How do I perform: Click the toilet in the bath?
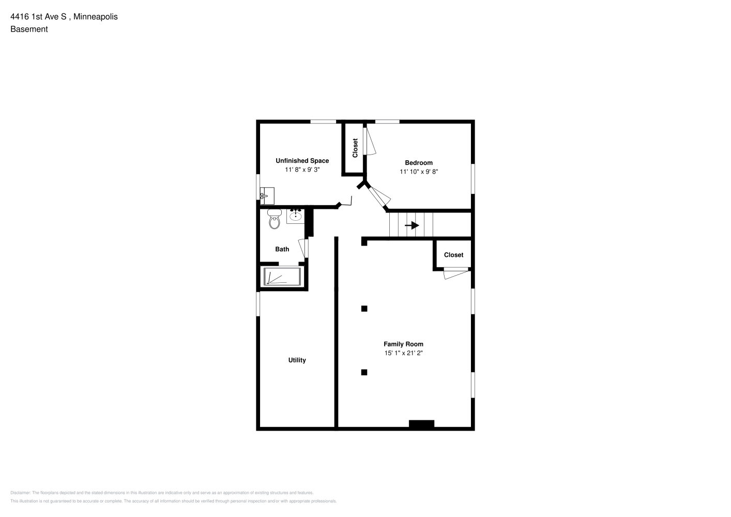click(275, 219)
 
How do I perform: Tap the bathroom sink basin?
click(296, 216)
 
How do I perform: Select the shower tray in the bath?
click(282, 277)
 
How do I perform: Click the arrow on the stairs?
click(412, 225)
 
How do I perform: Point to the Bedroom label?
click(419, 162)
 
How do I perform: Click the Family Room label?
click(403, 344)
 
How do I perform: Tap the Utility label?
click(297, 360)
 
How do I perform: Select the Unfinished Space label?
click(302, 161)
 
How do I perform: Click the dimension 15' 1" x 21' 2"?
click(403, 353)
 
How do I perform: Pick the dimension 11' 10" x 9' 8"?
click(419, 171)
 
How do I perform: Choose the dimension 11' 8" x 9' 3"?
click(302, 170)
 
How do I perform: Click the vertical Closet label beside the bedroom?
click(355, 148)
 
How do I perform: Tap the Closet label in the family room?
click(453, 255)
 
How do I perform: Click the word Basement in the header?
click(29, 29)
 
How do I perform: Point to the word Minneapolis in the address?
click(95, 17)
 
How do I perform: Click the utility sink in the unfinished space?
click(267, 196)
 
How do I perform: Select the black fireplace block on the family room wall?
click(422, 423)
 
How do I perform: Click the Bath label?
click(282, 249)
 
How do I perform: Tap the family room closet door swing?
click(456, 273)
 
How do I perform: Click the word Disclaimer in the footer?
click(20, 493)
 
